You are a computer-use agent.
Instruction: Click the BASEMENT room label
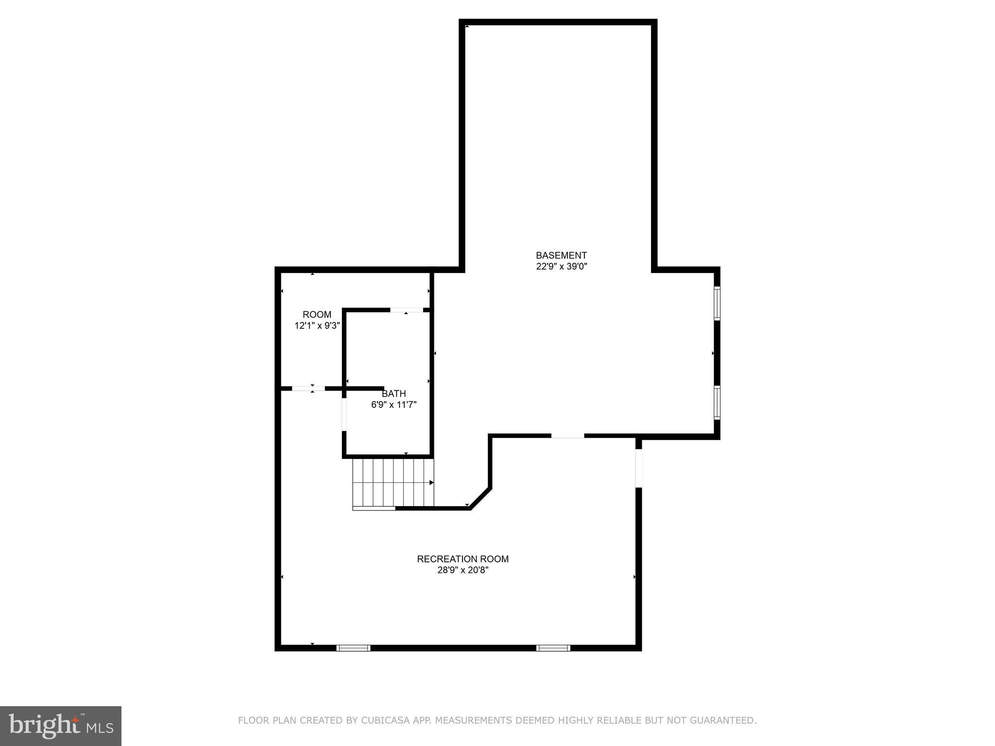(561, 255)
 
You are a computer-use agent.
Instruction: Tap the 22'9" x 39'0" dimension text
(562, 267)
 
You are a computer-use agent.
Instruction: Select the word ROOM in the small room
(317, 314)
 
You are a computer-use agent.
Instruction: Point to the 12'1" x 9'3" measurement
(317, 326)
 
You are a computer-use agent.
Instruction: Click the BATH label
(394, 393)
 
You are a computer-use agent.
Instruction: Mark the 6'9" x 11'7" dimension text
(394, 405)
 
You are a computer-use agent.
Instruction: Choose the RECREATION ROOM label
(463, 559)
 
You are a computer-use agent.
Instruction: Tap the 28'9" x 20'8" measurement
(463, 570)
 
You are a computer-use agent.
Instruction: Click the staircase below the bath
(393, 483)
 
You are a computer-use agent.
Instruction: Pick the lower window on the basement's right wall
(717, 402)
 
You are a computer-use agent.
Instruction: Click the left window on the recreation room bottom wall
(353, 647)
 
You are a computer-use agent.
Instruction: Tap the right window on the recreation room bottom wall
(553, 647)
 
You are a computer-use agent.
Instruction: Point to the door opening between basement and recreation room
(567, 436)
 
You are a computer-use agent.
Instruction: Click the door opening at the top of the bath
(407, 310)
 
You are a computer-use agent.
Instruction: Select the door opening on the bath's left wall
(344, 414)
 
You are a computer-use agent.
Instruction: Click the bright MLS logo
(61, 726)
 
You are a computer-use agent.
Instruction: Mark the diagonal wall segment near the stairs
(480, 498)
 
